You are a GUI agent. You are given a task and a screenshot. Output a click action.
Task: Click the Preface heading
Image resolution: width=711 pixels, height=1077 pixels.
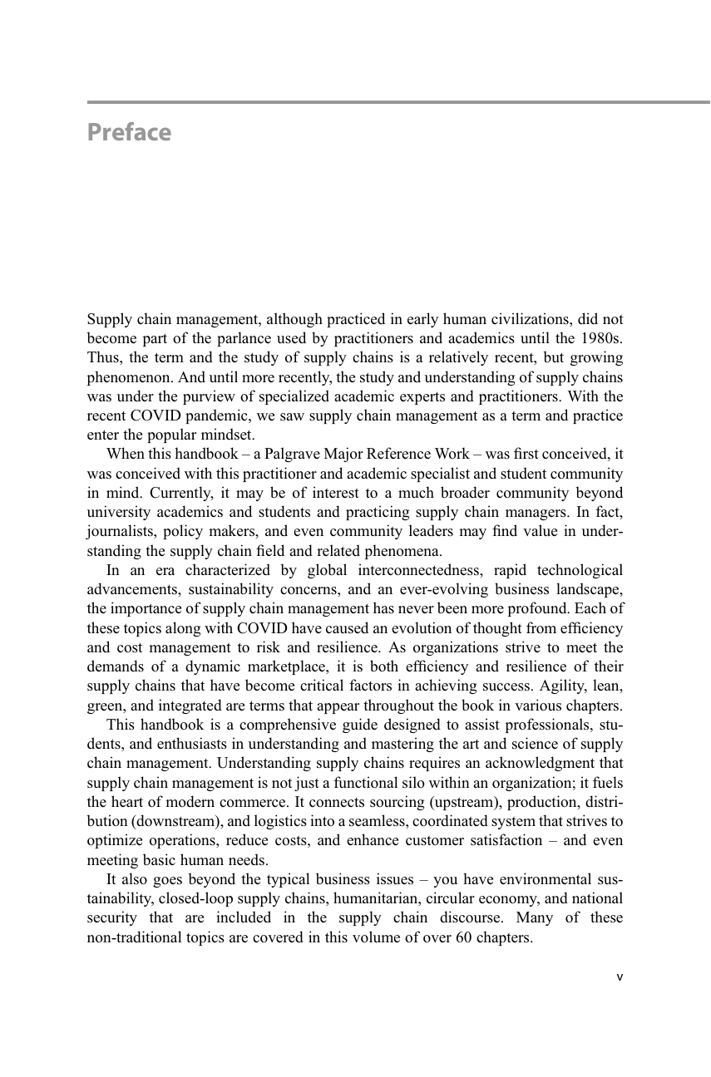(129, 133)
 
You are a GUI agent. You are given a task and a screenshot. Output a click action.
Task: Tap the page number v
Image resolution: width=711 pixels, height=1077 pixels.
(619, 977)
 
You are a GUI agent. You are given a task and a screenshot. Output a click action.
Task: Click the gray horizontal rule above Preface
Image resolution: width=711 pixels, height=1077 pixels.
(399, 102)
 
